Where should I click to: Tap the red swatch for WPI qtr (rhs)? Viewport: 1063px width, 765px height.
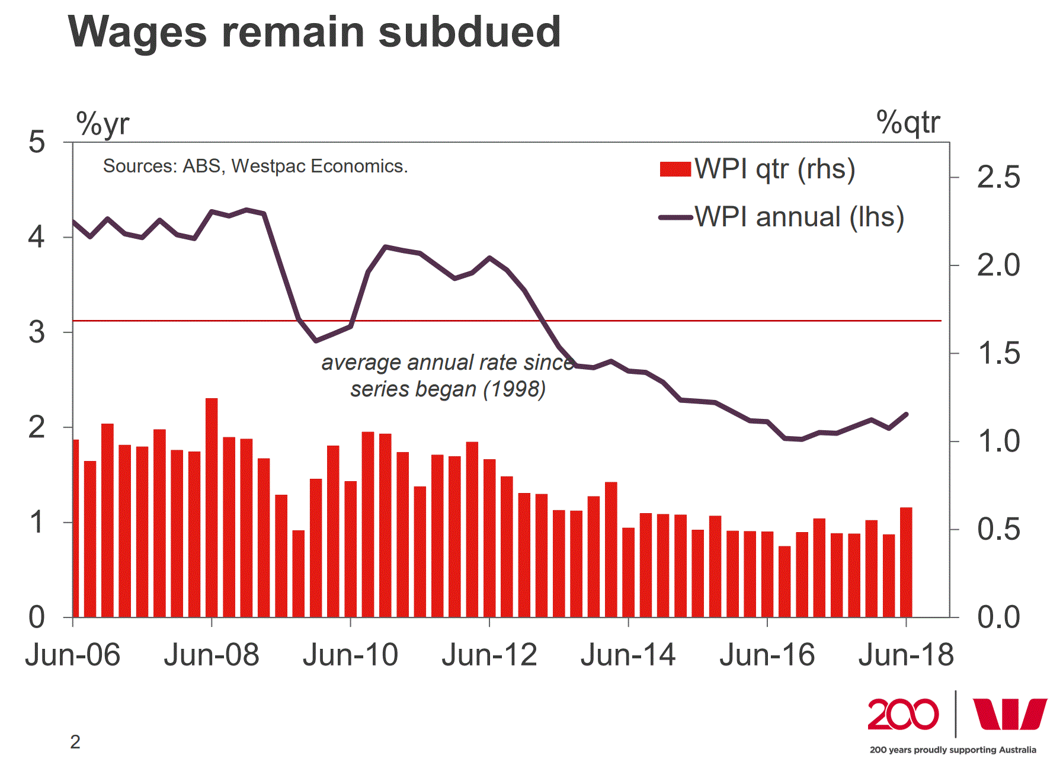pyautogui.click(x=675, y=169)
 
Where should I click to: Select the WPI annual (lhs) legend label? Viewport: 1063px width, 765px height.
pyautogui.click(x=799, y=217)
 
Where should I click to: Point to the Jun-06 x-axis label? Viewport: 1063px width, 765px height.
pyautogui.click(x=73, y=655)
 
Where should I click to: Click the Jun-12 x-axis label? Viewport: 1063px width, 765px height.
pyautogui.click(x=489, y=655)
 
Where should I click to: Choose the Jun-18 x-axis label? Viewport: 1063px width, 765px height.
pyautogui.click(x=906, y=655)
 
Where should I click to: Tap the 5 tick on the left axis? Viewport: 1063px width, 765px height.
pyautogui.click(x=37, y=143)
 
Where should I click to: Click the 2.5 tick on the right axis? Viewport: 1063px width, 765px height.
pyautogui.click(x=998, y=177)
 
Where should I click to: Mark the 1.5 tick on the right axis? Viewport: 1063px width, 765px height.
pyautogui.click(x=998, y=354)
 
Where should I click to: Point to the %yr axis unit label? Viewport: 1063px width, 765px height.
pyautogui.click(x=103, y=124)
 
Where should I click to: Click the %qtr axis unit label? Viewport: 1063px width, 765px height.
pyautogui.click(x=908, y=123)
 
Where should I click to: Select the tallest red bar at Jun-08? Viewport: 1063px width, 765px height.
pyautogui.click(x=212, y=507)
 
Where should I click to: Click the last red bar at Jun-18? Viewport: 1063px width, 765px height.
pyautogui.click(x=906, y=562)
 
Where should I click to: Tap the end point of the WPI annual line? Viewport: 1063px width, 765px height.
pyautogui.click(x=907, y=414)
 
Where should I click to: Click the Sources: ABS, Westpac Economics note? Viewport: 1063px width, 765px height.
pyautogui.click(x=255, y=167)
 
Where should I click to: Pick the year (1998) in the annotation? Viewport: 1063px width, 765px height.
pyautogui.click(x=514, y=389)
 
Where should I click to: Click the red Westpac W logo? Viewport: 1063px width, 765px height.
pyautogui.click(x=1010, y=714)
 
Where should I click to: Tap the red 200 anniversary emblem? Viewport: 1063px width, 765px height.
pyautogui.click(x=903, y=715)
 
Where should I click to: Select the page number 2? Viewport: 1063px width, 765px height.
pyautogui.click(x=75, y=742)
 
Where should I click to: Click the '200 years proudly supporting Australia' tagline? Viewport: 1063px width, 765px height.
pyautogui.click(x=953, y=750)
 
